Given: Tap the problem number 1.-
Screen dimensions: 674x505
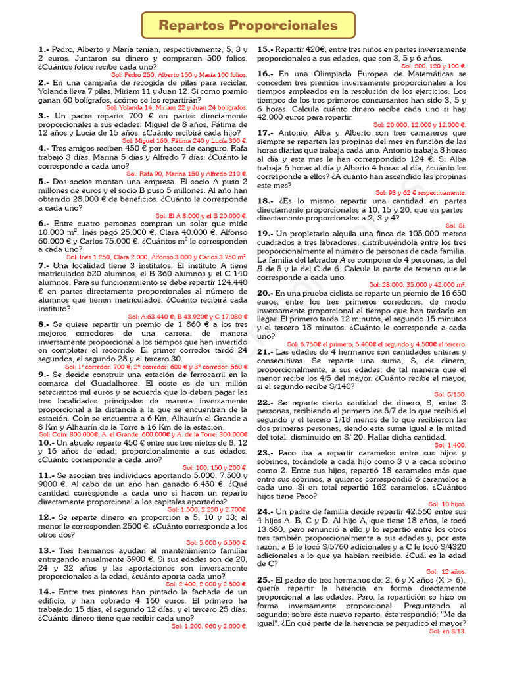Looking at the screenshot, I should [x=43, y=49].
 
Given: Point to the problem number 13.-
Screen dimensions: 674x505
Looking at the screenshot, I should [x=46, y=550].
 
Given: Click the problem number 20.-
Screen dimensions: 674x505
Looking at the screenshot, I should [x=265, y=292].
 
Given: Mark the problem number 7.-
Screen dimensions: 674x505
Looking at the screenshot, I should [x=43, y=265].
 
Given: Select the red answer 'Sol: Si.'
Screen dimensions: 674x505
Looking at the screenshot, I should [x=456, y=225].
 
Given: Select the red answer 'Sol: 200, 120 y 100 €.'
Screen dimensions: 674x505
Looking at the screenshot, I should [x=433, y=66].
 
